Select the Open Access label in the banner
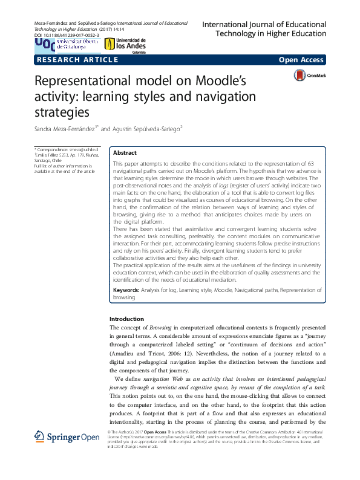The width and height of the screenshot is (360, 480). click(x=301, y=60)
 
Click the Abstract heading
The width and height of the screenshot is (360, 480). click(x=125, y=154)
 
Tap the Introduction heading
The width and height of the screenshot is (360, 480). click(x=126, y=319)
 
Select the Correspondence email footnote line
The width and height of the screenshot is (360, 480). click(x=63, y=149)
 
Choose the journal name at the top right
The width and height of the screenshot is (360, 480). click(x=264, y=30)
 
